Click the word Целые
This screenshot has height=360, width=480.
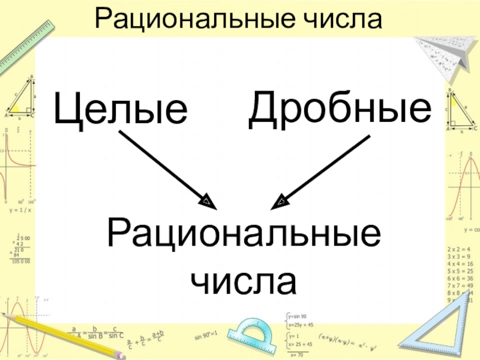[x=121, y=109]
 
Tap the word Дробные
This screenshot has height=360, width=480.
[x=340, y=107]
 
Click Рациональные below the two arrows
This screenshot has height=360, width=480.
[x=244, y=235]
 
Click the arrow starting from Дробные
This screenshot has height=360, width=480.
[x=321, y=171]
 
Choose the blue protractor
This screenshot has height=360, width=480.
[x=253, y=334]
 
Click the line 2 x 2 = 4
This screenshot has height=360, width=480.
[x=460, y=248]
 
